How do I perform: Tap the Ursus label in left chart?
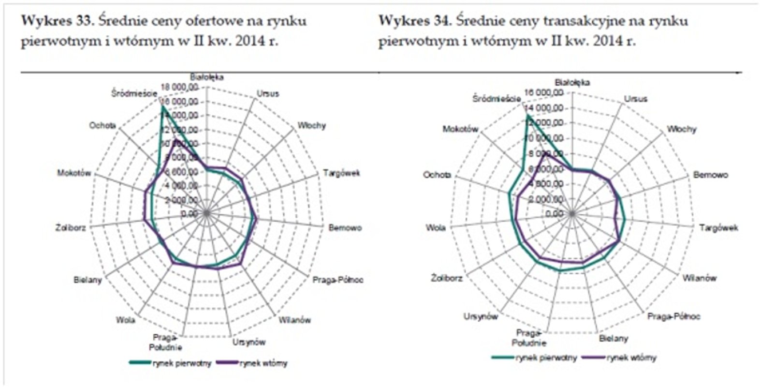click(x=268, y=94)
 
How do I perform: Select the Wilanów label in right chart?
click(x=699, y=278)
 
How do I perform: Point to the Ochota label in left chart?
click(x=102, y=125)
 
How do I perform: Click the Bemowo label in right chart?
click(x=710, y=175)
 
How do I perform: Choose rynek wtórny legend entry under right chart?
click(x=631, y=358)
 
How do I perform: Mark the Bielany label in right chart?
click(x=613, y=339)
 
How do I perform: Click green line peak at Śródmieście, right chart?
click(x=527, y=116)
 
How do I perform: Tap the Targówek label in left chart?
click(x=341, y=173)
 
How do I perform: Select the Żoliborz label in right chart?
click(x=447, y=278)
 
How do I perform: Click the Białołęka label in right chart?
click(x=572, y=83)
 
